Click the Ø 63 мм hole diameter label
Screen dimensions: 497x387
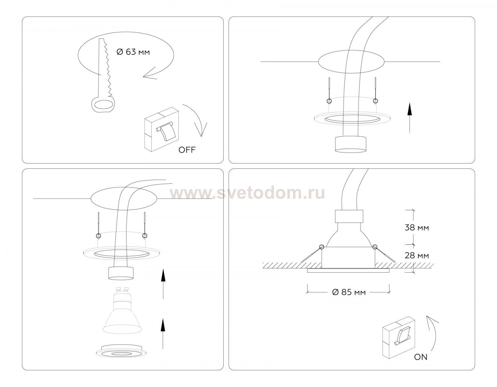(x=133, y=52)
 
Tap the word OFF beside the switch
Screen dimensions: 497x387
(x=187, y=150)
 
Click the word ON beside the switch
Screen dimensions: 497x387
(x=420, y=357)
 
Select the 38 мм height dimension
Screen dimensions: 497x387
(x=417, y=228)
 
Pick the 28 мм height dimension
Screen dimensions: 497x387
(x=417, y=255)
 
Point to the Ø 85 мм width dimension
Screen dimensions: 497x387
(x=349, y=292)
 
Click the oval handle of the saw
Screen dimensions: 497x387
(x=103, y=105)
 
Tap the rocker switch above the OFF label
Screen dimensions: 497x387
(x=162, y=129)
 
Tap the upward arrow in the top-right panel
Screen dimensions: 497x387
(x=410, y=118)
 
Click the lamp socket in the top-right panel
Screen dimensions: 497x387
(x=351, y=144)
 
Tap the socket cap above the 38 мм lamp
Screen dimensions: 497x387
(x=349, y=217)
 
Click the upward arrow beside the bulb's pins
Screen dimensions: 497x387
(x=163, y=284)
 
